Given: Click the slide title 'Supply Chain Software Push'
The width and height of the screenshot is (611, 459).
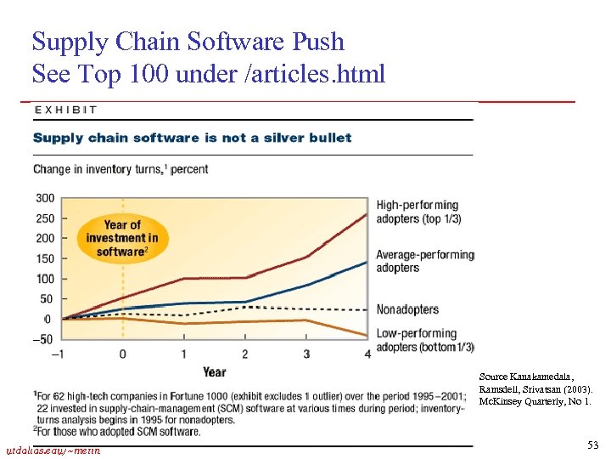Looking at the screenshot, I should pos(188,41).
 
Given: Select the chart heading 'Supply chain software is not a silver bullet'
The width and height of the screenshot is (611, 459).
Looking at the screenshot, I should pos(192,138).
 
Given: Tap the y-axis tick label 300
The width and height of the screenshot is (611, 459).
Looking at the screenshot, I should pos(44,198).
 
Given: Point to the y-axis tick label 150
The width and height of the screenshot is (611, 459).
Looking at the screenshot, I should pos(44,258).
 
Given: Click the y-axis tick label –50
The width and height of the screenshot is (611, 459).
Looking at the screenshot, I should pos(42,339).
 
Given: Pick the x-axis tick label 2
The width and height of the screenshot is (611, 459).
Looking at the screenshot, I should pos(245,354).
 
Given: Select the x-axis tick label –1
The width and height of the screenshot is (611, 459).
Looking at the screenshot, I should pos(58,354).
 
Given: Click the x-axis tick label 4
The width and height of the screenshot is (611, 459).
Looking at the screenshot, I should pos(367,354).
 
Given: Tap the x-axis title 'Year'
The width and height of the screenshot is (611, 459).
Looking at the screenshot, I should pos(214,371).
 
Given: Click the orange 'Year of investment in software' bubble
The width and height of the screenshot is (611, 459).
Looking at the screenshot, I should pos(122,237).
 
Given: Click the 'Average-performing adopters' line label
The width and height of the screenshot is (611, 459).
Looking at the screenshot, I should pos(424,261).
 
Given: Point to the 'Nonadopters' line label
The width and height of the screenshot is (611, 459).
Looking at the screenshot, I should pos(407,309).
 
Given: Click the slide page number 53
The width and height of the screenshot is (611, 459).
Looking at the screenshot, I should pos(591,445).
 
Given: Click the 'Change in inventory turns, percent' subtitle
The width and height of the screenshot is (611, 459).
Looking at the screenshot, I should pos(121,169).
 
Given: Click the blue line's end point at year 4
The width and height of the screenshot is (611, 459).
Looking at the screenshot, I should pos(367,261).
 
